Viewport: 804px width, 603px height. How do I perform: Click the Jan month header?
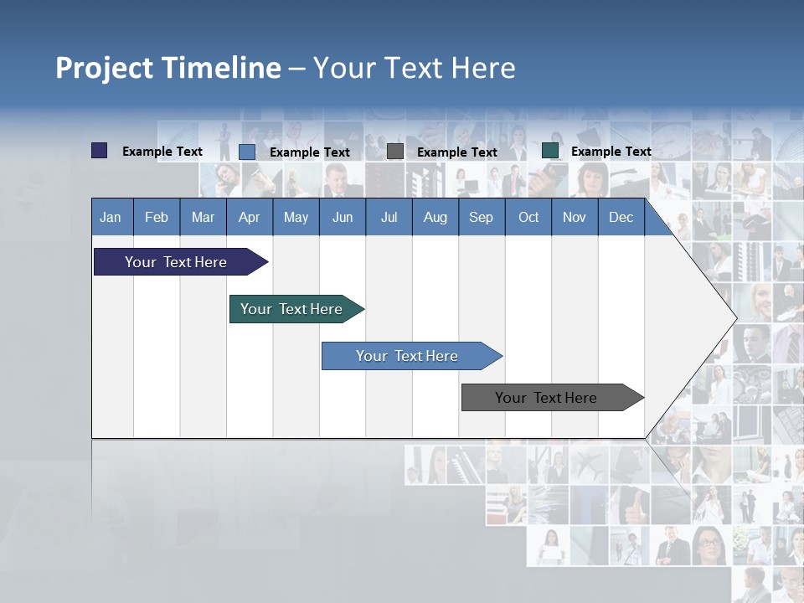point(111,217)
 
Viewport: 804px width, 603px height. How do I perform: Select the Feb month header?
point(157,217)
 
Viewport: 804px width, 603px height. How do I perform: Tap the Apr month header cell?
point(249,217)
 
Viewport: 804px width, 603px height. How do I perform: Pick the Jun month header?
point(343,217)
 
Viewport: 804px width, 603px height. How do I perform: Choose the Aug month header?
point(435,217)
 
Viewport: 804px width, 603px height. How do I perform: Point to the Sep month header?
point(482,217)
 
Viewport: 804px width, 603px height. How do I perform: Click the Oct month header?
point(528,217)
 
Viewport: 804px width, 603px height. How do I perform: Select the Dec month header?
point(621,217)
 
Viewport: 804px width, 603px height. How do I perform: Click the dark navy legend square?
point(100,151)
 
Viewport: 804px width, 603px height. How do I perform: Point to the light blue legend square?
point(247,152)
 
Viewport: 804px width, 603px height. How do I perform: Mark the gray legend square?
point(395,152)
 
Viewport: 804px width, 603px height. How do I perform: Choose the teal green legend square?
point(550,151)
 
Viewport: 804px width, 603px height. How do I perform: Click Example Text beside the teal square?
point(611,152)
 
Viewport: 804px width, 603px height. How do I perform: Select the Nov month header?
point(575,217)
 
